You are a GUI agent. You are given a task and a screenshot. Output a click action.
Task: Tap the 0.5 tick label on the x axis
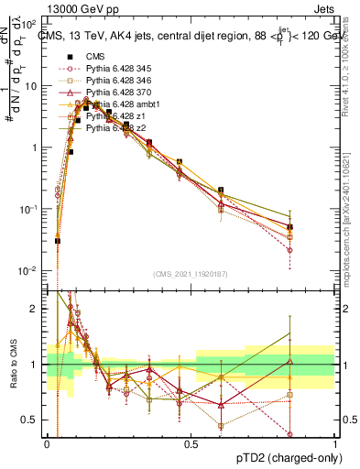[191, 443]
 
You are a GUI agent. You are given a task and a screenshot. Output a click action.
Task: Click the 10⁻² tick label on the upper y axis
[28, 270]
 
